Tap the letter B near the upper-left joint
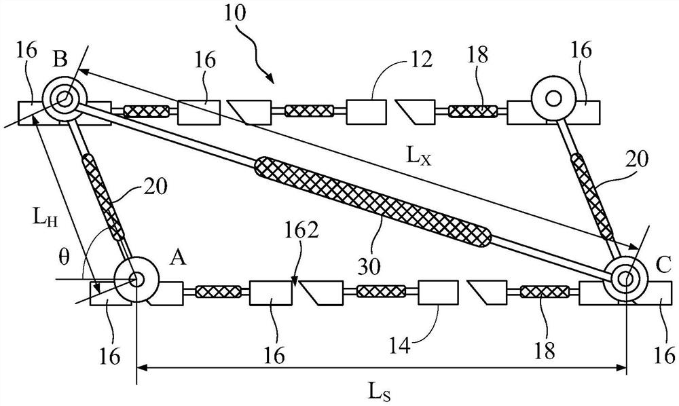[x=59, y=60]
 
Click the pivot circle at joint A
[x=136, y=278]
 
